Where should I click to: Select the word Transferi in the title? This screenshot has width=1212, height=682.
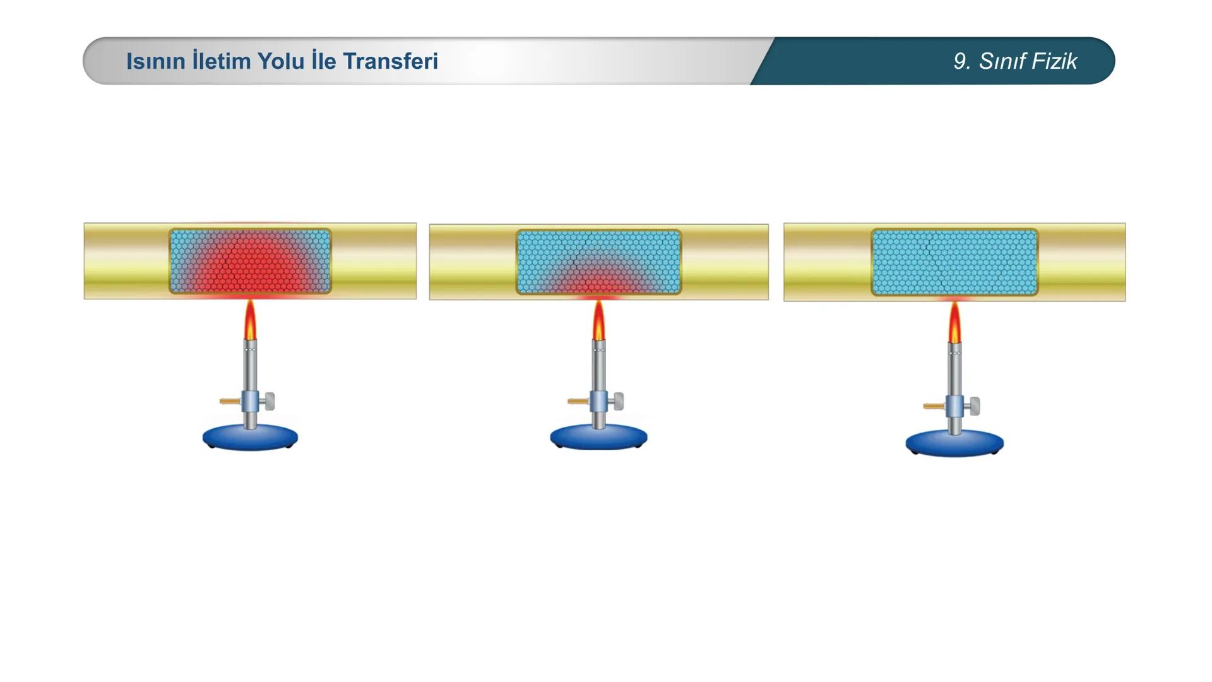[x=390, y=61]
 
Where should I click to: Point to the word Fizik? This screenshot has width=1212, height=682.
[x=1054, y=61]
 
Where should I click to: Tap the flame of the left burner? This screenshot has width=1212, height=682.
[x=251, y=320]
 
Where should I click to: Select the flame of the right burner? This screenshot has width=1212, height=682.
[x=954, y=323]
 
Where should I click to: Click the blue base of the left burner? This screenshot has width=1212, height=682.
[x=250, y=437]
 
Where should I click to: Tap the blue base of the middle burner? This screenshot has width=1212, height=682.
[x=598, y=437]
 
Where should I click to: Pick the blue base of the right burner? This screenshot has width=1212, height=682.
[x=954, y=443]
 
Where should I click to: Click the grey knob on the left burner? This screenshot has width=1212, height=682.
[x=270, y=401]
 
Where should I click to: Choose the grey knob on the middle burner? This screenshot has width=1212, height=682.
[x=619, y=401]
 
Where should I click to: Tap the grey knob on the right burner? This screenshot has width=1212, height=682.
[x=975, y=405]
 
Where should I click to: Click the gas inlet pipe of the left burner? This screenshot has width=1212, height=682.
[x=230, y=401]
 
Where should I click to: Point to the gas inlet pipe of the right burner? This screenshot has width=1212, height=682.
[x=934, y=406]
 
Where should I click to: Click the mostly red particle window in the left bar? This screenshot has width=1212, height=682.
[x=250, y=261]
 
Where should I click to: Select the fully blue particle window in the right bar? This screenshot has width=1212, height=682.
[x=954, y=262]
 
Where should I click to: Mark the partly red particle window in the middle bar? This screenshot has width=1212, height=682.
[x=598, y=262]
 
